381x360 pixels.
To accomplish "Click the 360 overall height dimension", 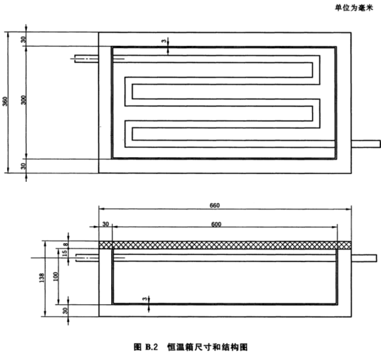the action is (5, 101).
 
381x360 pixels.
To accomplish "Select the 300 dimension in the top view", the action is (23, 100).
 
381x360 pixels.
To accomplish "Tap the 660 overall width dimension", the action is (215, 206).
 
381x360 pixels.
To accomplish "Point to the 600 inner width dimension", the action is (216, 224).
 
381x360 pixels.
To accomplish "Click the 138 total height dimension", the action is (42, 278).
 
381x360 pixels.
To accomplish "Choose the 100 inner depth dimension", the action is (56, 276).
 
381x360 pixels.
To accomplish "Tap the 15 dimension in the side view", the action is (65, 254).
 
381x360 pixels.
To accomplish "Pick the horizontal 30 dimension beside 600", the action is (106, 224).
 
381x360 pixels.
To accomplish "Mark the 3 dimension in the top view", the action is (164, 41).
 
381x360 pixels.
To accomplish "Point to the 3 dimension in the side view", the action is (145, 299).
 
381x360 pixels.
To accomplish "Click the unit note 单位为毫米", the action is (354, 8).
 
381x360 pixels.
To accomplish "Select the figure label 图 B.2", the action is (146, 347).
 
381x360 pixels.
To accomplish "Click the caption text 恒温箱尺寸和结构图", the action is (207, 347).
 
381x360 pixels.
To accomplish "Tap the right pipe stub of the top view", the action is (366, 144).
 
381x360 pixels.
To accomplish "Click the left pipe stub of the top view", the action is (87, 58).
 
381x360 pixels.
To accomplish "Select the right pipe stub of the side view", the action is (364, 258).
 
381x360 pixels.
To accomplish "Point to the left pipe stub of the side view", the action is (87, 258).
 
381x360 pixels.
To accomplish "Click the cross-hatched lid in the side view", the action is (225, 245).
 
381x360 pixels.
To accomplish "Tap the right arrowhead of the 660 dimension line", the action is (349, 209).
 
